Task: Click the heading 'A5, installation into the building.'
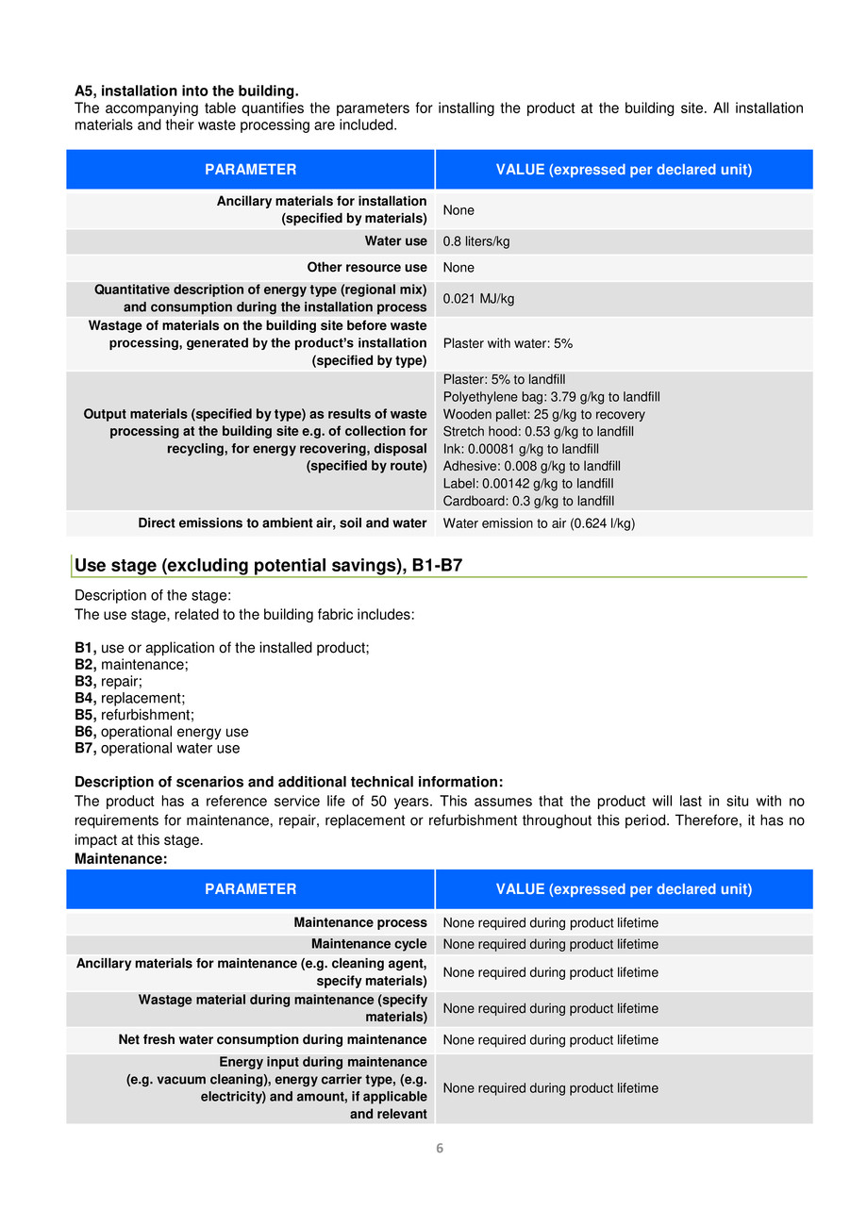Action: tap(187, 91)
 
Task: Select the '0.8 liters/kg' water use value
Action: tap(476, 241)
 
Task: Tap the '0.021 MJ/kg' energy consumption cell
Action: tap(478, 299)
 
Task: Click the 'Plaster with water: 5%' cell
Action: tap(508, 343)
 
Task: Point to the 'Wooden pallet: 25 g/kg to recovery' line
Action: tap(544, 415)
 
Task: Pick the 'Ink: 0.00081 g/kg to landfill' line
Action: tap(521, 449)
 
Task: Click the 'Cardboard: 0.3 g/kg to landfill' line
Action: tap(528, 501)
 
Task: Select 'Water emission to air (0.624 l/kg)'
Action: tap(539, 523)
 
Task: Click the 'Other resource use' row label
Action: tap(367, 268)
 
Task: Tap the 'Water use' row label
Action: tap(396, 241)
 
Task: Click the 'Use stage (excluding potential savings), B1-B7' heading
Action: tap(268, 566)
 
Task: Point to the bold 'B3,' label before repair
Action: tap(86, 681)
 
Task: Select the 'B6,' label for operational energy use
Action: tap(86, 732)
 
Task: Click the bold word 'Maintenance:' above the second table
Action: tap(121, 859)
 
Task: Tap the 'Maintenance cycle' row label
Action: tap(369, 944)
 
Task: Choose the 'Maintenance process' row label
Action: tap(360, 923)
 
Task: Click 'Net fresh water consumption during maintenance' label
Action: tap(273, 1039)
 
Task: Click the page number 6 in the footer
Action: tap(440, 1148)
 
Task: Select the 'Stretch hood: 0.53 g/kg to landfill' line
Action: tap(525, 432)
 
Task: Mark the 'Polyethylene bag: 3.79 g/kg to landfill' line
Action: tap(551, 397)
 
